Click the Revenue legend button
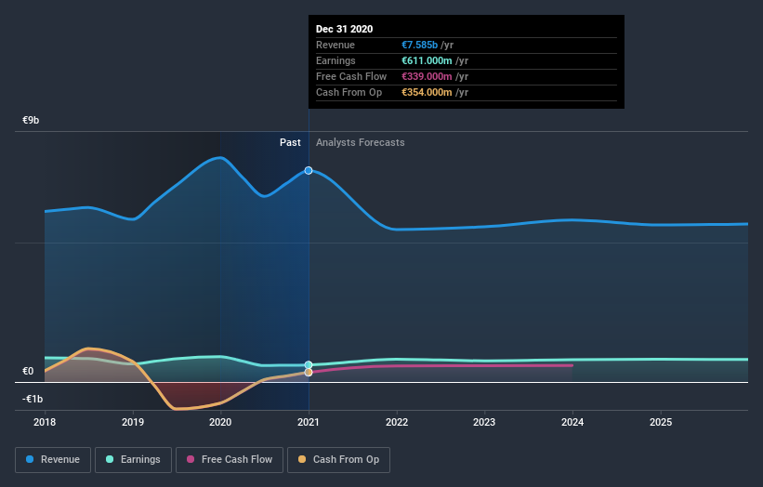pyautogui.click(x=54, y=459)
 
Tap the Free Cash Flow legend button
pyautogui.click(x=229, y=459)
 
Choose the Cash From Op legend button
pyautogui.click(x=338, y=459)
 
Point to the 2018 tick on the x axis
pyautogui.click(x=45, y=421)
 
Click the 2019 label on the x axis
pyautogui.click(x=133, y=421)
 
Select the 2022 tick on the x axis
pyautogui.click(x=397, y=421)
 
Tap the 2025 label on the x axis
pyautogui.click(x=661, y=421)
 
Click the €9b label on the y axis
pyautogui.click(x=32, y=121)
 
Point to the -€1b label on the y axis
pyautogui.click(x=33, y=399)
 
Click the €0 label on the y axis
pyautogui.click(x=28, y=372)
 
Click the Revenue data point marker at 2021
pyautogui.click(x=309, y=170)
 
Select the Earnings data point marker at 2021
pyautogui.click(x=309, y=365)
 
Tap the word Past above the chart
pyautogui.click(x=290, y=142)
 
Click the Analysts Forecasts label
pyautogui.click(x=361, y=142)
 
